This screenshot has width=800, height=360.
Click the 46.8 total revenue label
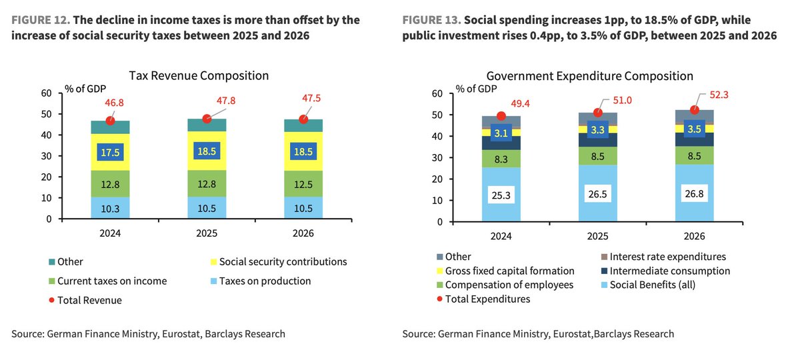pyautogui.click(x=115, y=104)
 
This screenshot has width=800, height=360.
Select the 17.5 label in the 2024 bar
pyautogui.click(x=111, y=152)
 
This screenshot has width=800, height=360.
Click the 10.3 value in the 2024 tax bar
pyautogui.click(x=111, y=208)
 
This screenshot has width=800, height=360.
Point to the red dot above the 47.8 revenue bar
pyautogui.click(x=207, y=119)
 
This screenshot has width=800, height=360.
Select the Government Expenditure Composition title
pyautogui.click(x=589, y=76)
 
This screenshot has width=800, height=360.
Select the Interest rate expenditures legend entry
pyautogui.click(x=667, y=257)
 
